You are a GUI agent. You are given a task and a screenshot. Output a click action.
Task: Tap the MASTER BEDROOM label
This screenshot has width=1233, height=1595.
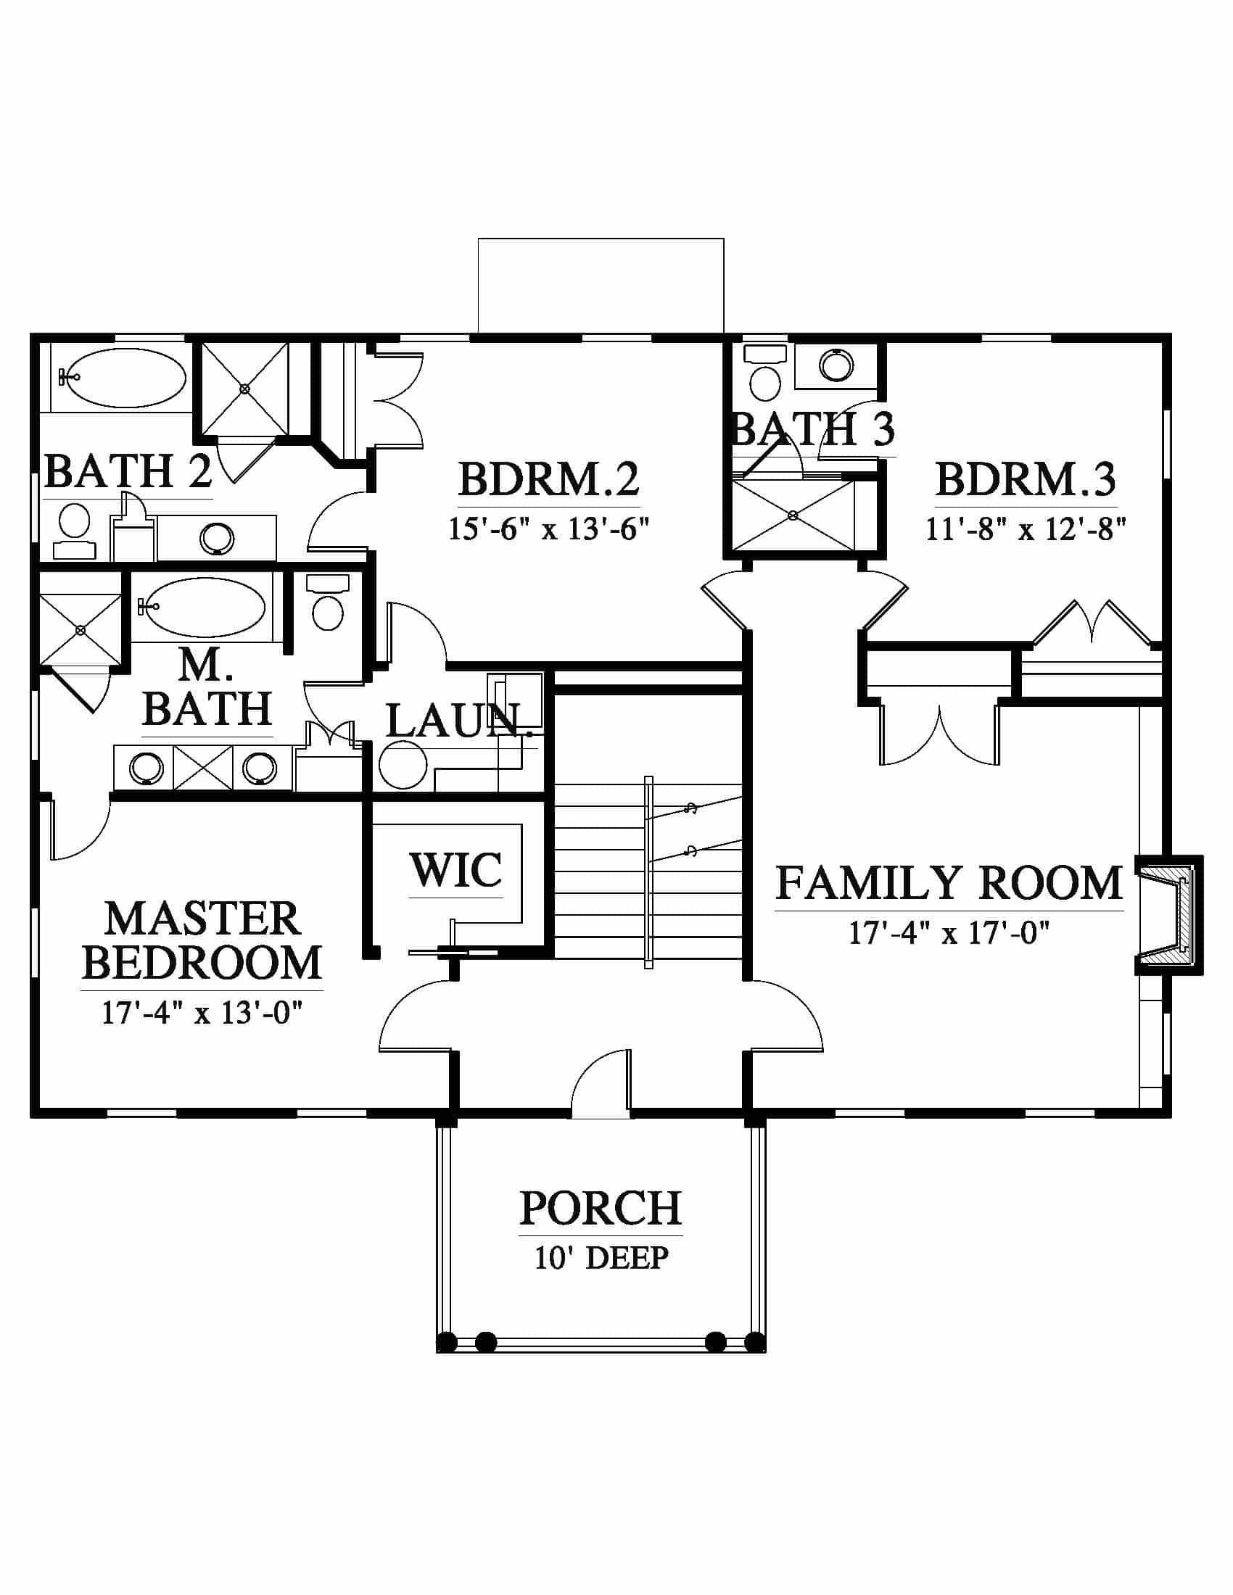(202, 940)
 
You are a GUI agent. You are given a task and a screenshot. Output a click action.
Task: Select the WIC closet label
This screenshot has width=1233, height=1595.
(455, 869)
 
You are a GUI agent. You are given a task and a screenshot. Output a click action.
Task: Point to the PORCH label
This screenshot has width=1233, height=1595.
(601, 1209)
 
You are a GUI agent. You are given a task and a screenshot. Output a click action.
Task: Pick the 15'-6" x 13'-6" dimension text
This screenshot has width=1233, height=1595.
(548, 529)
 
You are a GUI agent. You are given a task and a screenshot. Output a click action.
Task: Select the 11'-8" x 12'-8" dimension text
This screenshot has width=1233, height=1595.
(1026, 529)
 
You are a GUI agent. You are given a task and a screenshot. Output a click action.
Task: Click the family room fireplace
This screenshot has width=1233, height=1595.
(1168, 914)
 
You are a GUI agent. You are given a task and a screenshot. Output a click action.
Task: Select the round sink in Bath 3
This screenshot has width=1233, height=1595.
(836, 365)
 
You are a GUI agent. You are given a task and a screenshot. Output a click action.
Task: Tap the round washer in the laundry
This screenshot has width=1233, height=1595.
(403, 765)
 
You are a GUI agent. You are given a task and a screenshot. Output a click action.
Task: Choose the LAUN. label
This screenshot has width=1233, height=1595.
(453, 721)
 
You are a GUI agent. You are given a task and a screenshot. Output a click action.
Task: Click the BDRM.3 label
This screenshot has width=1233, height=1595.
(1026, 479)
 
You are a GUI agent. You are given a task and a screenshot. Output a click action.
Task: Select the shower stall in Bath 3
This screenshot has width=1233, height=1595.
(794, 515)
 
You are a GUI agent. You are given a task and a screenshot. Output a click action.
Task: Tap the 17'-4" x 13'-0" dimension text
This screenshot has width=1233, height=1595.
(202, 1013)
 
